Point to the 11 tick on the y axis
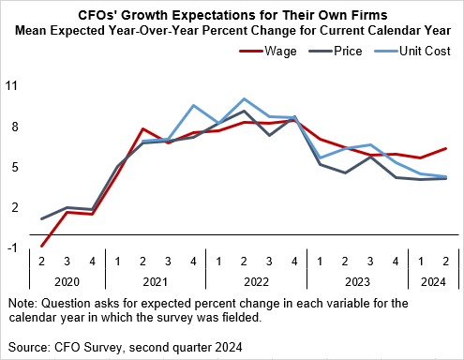tap(12, 85)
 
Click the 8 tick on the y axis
tap(14, 127)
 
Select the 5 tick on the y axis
tap(14, 167)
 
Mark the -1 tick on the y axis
tap(12, 248)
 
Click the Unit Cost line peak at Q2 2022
tap(244, 98)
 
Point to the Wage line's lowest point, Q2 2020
tap(42, 247)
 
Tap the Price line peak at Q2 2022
tap(244, 111)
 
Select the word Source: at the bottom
tap(30, 346)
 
